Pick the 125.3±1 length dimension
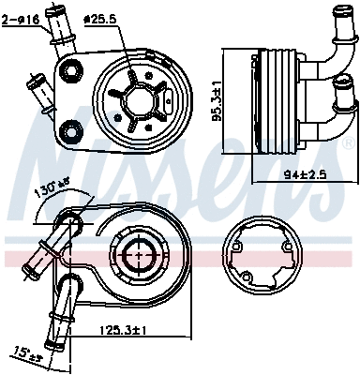coord(123,330)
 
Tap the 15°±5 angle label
coord(29,354)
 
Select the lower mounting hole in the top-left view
coord(68,127)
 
